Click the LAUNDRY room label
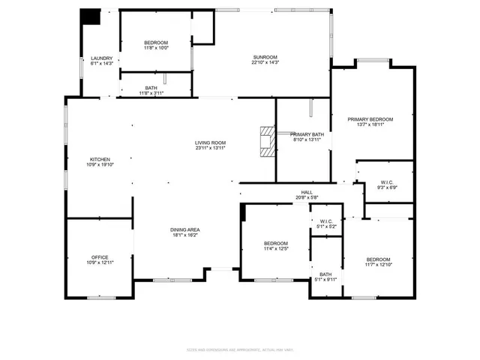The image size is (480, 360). (101, 58)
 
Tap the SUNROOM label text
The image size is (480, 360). (265, 58)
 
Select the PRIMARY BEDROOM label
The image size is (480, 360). (370, 119)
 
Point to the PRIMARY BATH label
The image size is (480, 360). (306, 134)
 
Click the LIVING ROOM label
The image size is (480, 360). (211, 143)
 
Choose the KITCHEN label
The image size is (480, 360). (100, 159)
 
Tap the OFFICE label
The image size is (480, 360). (100, 258)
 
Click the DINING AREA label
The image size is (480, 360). (184, 229)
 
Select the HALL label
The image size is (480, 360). (307, 193)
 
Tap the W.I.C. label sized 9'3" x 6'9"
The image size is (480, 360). (387, 182)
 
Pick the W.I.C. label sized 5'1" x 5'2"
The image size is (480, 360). (326, 221)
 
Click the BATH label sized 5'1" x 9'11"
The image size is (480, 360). (325, 274)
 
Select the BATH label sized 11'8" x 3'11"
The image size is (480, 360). (151, 88)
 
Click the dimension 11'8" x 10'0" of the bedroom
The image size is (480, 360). (156, 48)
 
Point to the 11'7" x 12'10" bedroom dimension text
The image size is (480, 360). (379, 263)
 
